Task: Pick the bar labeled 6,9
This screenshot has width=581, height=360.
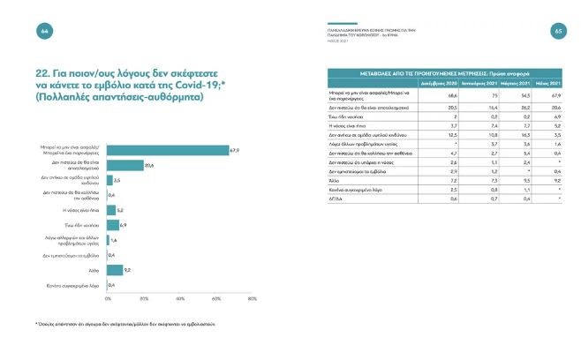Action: pyautogui.click(x=113, y=225)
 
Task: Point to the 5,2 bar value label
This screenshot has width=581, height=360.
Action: pyautogui.click(x=122, y=210)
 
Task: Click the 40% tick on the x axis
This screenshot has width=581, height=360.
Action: pyautogui.click(x=180, y=298)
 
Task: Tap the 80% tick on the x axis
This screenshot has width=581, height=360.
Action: pyautogui.click(x=253, y=298)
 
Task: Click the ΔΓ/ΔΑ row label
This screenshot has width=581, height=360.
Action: pyautogui.click(x=336, y=198)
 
